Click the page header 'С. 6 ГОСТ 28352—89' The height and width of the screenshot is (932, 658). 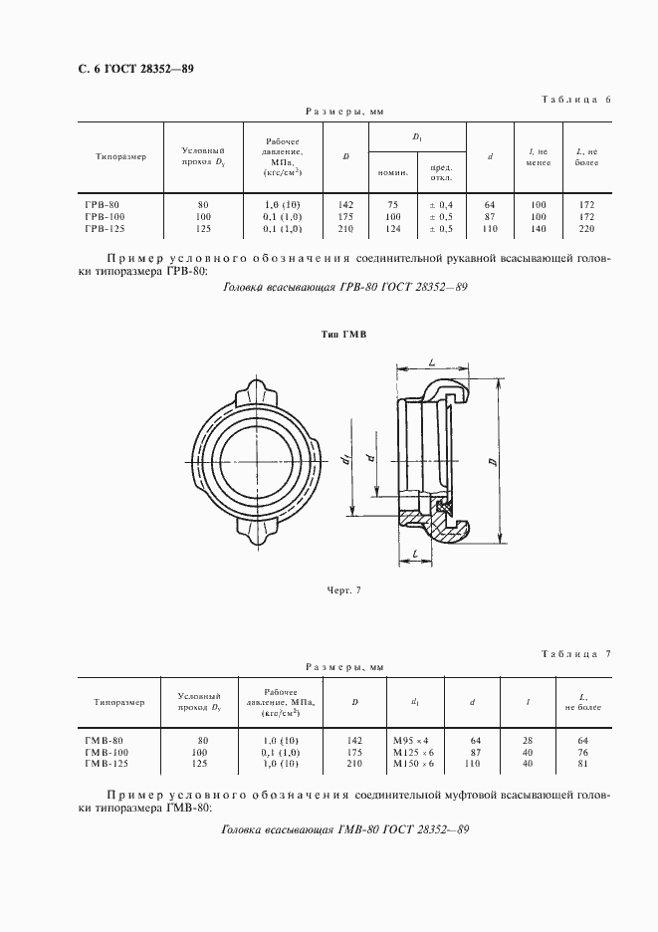click(128, 69)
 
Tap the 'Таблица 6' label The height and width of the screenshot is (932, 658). click(573, 101)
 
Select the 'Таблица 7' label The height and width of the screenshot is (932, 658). click(573, 653)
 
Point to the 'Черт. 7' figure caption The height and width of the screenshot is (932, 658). click(342, 590)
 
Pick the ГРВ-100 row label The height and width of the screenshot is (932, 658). click(104, 216)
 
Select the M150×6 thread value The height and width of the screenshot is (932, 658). click(412, 764)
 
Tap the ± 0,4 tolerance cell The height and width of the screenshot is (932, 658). click(441, 204)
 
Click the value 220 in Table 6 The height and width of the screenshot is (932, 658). click(585, 228)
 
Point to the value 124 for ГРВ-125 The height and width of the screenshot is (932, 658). click(392, 228)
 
